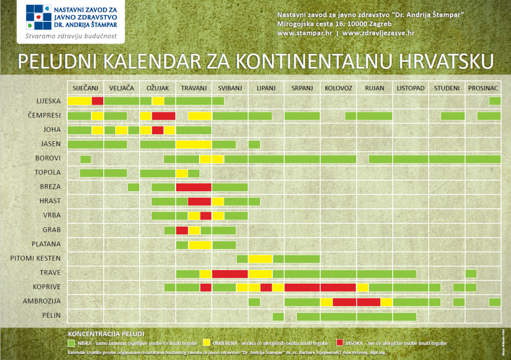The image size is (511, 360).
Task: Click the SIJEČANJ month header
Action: [85, 88]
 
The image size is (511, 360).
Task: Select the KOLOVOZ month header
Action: [338, 88]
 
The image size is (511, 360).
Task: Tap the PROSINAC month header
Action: [483, 88]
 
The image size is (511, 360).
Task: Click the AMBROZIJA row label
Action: [42, 302]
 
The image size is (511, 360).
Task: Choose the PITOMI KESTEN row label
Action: [35, 258]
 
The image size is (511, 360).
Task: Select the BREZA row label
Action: [50, 187]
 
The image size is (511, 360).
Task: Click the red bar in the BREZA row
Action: [194, 187]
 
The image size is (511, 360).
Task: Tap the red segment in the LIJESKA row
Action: [98, 101]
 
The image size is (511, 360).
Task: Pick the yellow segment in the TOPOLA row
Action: [182, 173]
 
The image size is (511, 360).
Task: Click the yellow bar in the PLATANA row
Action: [200, 245]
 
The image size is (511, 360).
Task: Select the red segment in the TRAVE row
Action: [230, 274]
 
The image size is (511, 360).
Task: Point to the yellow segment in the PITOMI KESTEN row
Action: [260, 259]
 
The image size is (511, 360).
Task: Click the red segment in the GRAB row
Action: [182, 230]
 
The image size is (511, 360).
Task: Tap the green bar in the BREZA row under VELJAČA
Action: [133, 187]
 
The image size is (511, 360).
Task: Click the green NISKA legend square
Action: [71, 343]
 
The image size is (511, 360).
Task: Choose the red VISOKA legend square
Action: [340, 343]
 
